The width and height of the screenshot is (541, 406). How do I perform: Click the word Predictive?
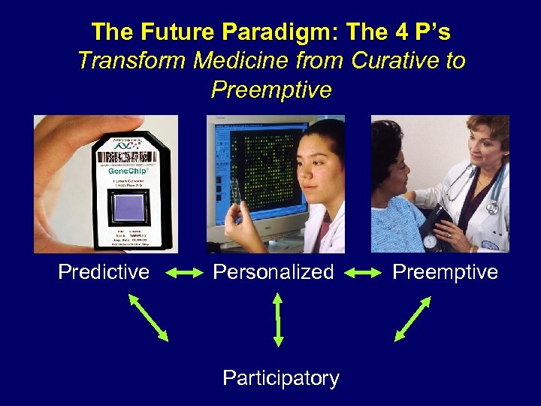(104, 271)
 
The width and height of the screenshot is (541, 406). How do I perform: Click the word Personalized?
(274, 271)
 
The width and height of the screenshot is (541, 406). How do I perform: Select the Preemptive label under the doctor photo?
(446, 271)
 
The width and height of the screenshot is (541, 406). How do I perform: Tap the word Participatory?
(281, 378)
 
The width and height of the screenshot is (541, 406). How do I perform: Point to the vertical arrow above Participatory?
(279, 319)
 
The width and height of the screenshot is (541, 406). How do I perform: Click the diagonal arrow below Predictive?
(148, 317)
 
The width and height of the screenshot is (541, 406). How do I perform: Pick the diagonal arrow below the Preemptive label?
(413, 319)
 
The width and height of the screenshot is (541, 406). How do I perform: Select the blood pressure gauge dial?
(430, 242)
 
